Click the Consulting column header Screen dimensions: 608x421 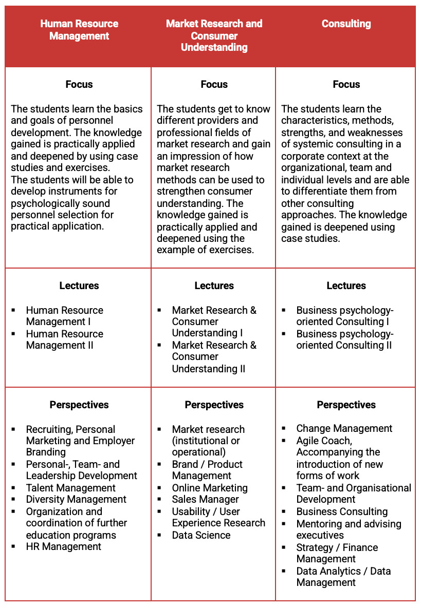click(346, 24)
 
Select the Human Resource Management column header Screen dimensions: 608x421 click(79, 30)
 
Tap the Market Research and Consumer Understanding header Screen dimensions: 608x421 click(214, 35)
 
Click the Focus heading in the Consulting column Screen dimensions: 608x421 click(346, 84)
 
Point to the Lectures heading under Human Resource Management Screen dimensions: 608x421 click(79, 286)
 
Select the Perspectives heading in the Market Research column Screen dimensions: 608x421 click(214, 405)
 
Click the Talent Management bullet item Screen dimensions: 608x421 click(71, 488)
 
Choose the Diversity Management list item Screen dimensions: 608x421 click(76, 499)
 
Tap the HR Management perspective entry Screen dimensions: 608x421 click(64, 546)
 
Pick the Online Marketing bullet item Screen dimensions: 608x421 click(210, 488)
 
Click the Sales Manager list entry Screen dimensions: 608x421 click(206, 499)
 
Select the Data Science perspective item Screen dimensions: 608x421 click(201, 535)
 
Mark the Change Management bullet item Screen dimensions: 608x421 click(344, 428)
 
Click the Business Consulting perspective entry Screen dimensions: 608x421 click(342, 511)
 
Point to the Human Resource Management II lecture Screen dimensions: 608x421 click(64, 339)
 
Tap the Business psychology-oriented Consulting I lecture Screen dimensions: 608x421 click(344, 316)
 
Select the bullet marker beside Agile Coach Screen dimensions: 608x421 click(284, 441)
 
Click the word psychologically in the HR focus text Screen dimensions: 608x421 click(43, 203)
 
